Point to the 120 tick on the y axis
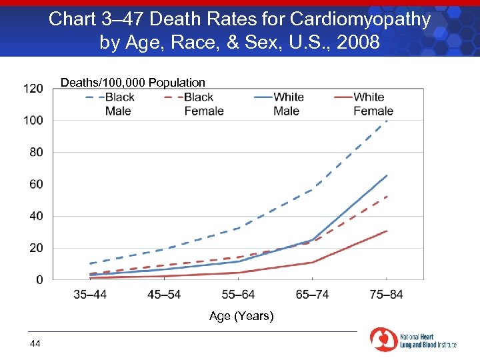(33, 89)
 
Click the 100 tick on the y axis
(33, 121)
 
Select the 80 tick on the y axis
(36, 153)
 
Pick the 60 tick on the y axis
(36, 185)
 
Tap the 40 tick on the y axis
(36, 217)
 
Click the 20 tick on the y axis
(36, 248)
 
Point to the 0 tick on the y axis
(39, 280)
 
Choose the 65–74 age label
(313, 295)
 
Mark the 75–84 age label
(386, 295)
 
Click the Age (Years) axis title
(241, 316)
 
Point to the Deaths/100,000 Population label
(133, 83)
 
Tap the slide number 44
(35, 343)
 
